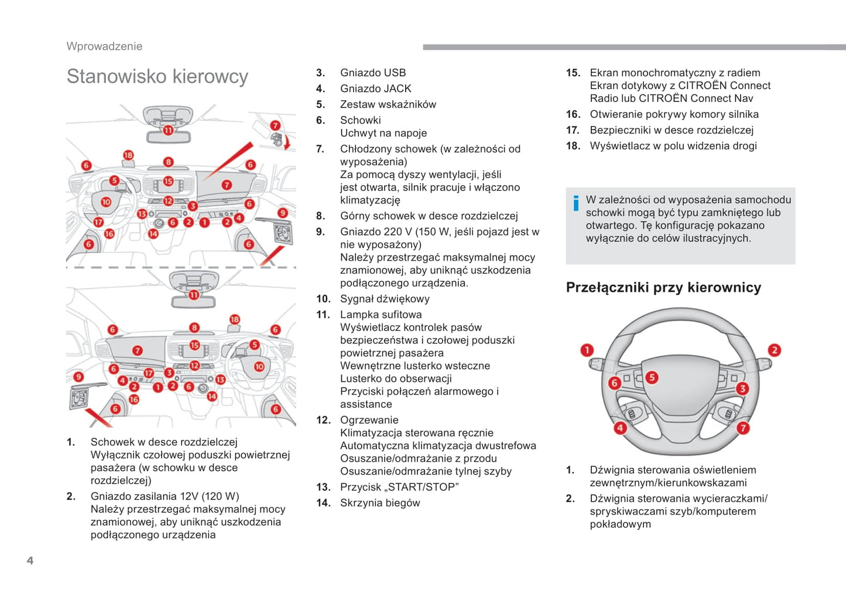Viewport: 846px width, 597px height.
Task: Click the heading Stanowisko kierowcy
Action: pyautogui.click(x=157, y=77)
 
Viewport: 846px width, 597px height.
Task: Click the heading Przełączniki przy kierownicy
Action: pyautogui.click(x=663, y=288)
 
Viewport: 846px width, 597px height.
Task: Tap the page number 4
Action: pyautogui.click(x=30, y=561)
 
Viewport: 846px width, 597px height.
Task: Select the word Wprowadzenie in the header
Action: pyautogui.click(x=104, y=46)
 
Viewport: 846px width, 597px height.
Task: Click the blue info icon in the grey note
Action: pyautogui.click(x=576, y=203)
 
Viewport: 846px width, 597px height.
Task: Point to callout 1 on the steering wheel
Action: pyautogui.click(x=587, y=350)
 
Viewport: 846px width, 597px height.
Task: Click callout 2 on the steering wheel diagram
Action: pyautogui.click(x=774, y=350)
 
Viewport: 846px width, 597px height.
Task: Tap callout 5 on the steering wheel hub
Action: pyautogui.click(x=652, y=377)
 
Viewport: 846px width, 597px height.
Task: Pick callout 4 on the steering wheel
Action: pyautogui.click(x=620, y=428)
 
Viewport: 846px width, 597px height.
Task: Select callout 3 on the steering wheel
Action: pyautogui.click(x=742, y=388)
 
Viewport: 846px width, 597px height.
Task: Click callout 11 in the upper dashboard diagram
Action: pyautogui.click(x=168, y=130)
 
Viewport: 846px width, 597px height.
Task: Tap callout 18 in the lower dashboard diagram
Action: pyautogui.click(x=234, y=319)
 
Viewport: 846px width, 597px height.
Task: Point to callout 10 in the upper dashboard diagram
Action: pyautogui.click(x=106, y=202)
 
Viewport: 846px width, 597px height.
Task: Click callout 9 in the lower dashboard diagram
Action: pyautogui.click(x=78, y=377)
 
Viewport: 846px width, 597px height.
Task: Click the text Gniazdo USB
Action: pyautogui.click(x=373, y=73)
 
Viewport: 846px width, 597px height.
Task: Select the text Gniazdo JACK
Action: pyautogui.click(x=375, y=88)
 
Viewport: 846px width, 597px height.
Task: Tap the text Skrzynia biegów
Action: pyautogui.click(x=380, y=503)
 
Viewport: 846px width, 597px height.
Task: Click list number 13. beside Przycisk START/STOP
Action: pyautogui.click(x=323, y=487)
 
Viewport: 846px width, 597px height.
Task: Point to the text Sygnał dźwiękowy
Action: pyautogui.click(x=385, y=299)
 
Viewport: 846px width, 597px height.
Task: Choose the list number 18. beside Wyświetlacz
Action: pyautogui.click(x=573, y=146)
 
